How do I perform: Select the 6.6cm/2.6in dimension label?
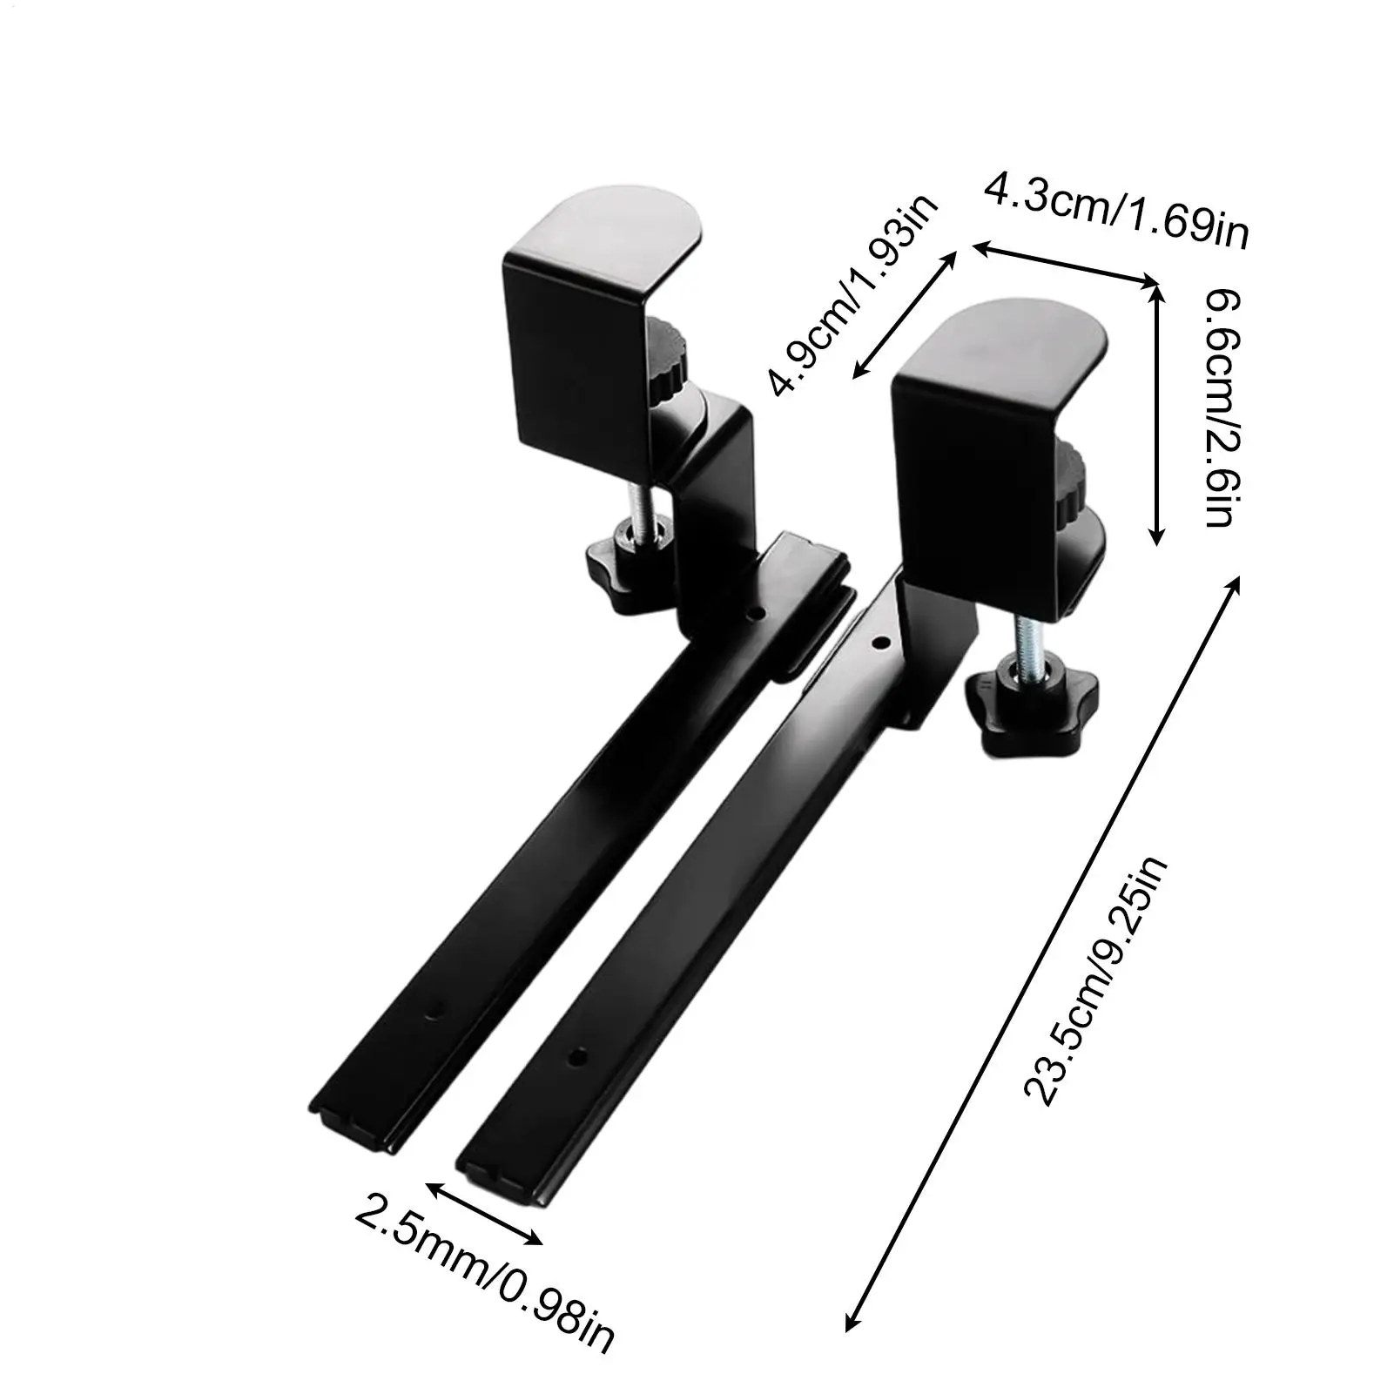click(x=1216, y=409)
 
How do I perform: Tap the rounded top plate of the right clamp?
click(x=1010, y=340)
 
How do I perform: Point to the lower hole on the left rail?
click(x=432, y=1009)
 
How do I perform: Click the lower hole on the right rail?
click(x=576, y=1056)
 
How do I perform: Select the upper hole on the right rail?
click(x=880, y=643)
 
